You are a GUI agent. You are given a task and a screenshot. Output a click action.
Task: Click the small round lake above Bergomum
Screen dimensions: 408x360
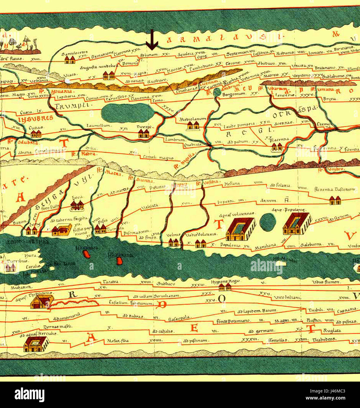217,92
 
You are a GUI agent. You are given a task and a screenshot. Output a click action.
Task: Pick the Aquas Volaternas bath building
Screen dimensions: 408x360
240,229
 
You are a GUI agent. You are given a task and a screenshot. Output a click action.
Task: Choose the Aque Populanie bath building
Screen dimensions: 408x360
297,224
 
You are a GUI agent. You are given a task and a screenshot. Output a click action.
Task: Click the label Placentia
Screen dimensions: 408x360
280,139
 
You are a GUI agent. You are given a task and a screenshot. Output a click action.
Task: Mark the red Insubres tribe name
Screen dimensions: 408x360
35,118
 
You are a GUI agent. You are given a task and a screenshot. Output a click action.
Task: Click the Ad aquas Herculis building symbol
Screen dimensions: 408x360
36,344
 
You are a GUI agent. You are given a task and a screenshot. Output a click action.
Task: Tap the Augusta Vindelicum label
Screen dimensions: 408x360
100,67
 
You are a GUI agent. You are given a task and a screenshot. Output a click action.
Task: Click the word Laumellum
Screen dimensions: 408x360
99,126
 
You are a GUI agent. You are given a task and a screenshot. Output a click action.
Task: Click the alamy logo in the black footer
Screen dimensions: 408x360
29,394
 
